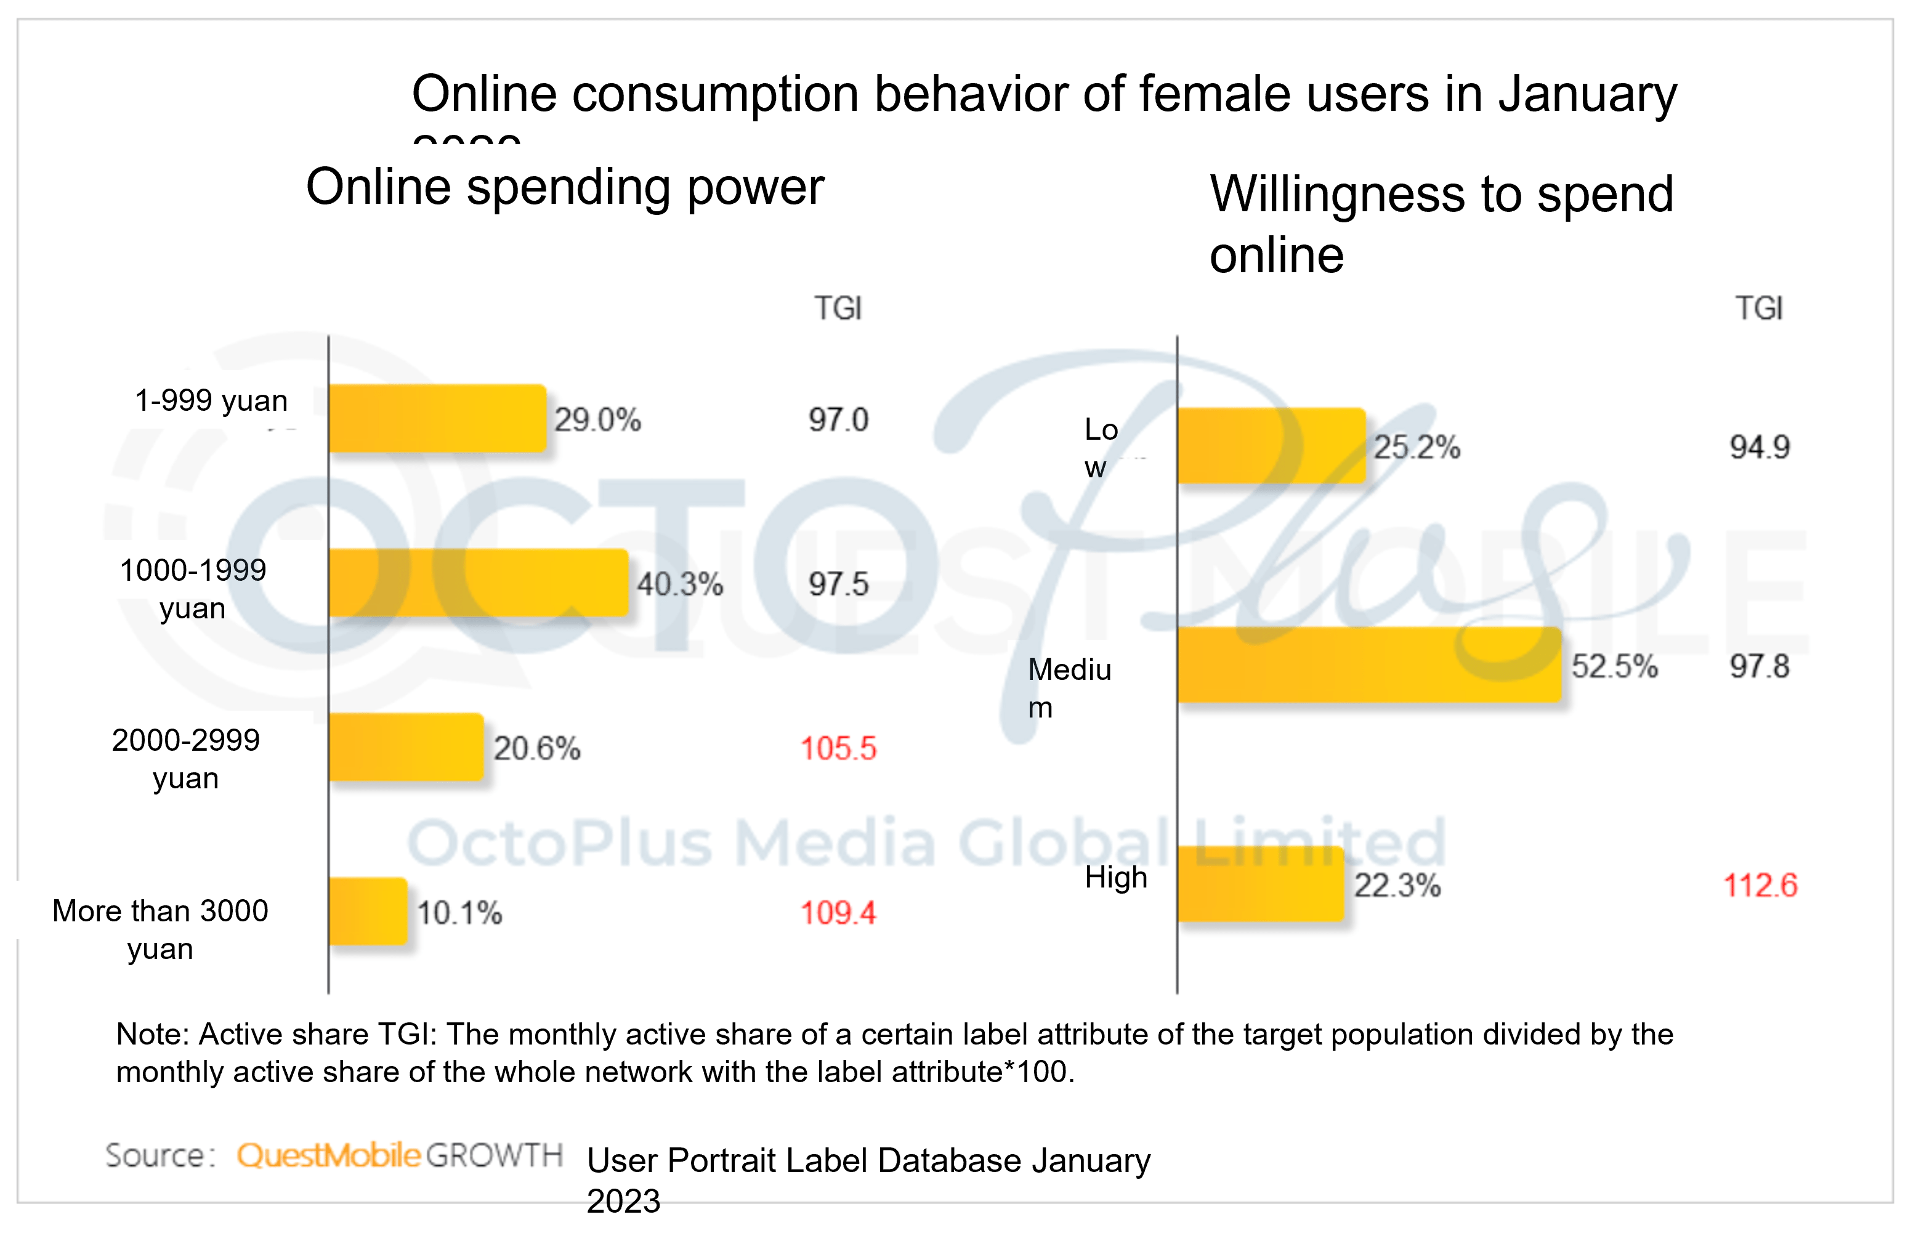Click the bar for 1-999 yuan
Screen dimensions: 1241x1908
click(x=437, y=418)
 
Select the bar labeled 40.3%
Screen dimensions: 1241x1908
click(x=478, y=583)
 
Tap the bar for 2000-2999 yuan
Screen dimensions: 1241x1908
click(x=406, y=747)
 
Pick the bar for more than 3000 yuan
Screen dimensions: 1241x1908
click(x=368, y=912)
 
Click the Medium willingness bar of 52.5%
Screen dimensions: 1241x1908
click(x=1369, y=665)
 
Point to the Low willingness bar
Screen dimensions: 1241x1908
click(x=1271, y=447)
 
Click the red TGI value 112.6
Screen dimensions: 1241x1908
click(x=1760, y=885)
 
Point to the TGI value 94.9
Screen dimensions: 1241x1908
click(x=1759, y=447)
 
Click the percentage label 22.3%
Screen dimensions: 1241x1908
click(x=1397, y=885)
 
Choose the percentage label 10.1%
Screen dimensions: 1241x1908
click(x=459, y=912)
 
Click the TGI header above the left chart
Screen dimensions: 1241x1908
click(x=838, y=308)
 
